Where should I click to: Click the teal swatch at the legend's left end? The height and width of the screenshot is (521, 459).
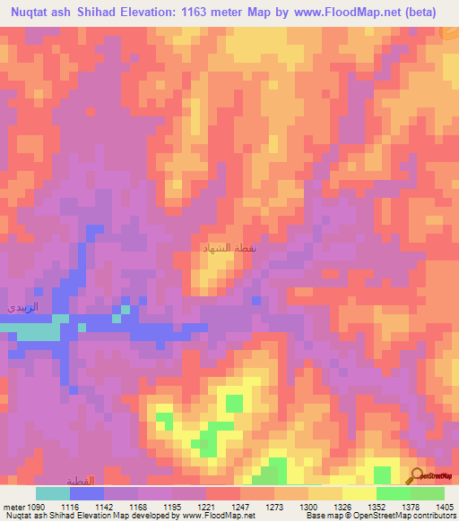click(x=52, y=493)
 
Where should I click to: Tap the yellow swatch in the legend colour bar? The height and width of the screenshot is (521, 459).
click(x=359, y=493)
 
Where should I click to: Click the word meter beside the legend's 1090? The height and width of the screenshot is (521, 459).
click(x=13, y=506)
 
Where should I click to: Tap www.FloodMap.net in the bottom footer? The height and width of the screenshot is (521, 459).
click(x=222, y=515)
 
